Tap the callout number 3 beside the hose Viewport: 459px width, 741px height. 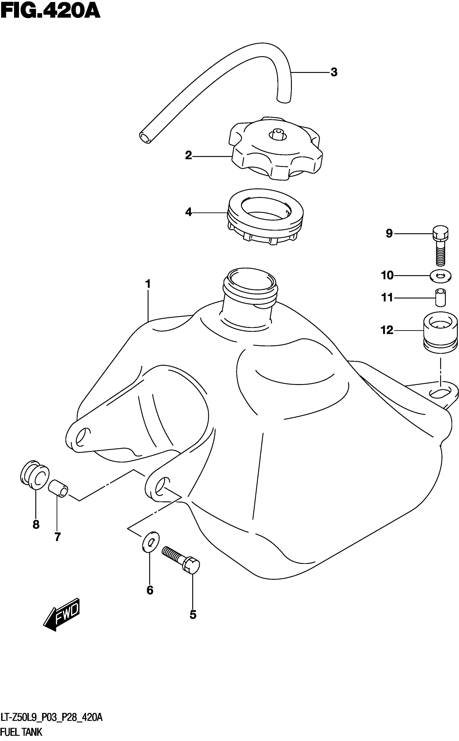point(334,72)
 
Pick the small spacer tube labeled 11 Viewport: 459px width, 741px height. point(440,298)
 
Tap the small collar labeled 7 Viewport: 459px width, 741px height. point(58,489)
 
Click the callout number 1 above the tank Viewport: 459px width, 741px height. point(148,284)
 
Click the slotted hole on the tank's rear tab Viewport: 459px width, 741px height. point(440,393)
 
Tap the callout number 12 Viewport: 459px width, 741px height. point(387,330)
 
